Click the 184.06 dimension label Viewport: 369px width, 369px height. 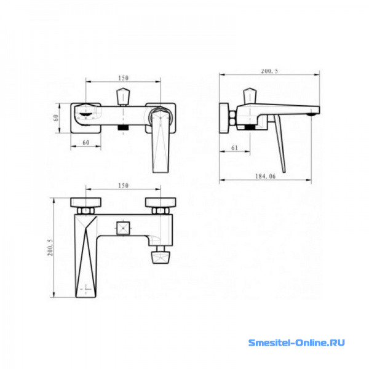pyautogui.click(x=265, y=177)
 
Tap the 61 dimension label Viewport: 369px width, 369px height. pyautogui.click(x=235, y=148)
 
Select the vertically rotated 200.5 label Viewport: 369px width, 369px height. pyautogui.click(x=50, y=248)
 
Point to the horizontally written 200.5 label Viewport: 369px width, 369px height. pyautogui.click(x=269, y=71)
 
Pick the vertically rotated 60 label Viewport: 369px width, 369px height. pyautogui.click(x=56, y=117)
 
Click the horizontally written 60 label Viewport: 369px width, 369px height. pyautogui.click(x=86, y=143)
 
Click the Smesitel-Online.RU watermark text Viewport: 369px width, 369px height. pyautogui.click(x=296, y=343)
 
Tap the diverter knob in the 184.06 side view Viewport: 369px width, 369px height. pyautogui.click(x=250, y=96)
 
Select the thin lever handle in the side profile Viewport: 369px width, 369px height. pyautogui.click(x=280, y=143)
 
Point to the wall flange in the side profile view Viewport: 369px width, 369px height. pyautogui.click(x=224, y=118)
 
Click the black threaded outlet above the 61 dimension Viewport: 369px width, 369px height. pyautogui.click(x=250, y=127)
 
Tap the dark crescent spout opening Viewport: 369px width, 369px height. pyautogui.click(x=85, y=114)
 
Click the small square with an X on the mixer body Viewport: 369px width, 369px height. pyautogui.click(x=124, y=228)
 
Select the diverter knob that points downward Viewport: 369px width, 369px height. pyautogui.click(x=161, y=257)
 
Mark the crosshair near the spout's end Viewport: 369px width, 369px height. pyautogui.click(x=85, y=288)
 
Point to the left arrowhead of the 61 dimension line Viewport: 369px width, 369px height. pyautogui.click(x=222, y=151)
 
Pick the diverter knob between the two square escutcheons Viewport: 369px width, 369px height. pyautogui.click(x=123, y=97)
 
